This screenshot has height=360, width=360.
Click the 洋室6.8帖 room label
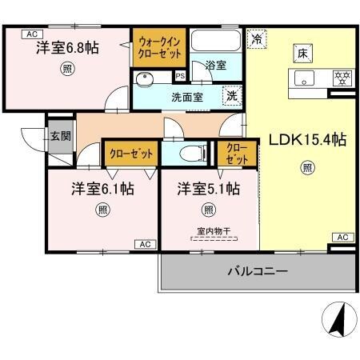coord(67,49)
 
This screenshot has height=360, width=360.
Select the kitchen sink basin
coord(304,78)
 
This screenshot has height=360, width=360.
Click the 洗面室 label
coord(186,97)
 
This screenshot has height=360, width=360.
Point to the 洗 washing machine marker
coord(231,94)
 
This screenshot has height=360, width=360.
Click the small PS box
coord(180,78)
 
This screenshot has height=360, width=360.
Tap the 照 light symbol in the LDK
coord(306,167)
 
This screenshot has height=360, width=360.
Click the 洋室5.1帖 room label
coord(208,190)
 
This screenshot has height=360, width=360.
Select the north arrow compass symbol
coord(338,321)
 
